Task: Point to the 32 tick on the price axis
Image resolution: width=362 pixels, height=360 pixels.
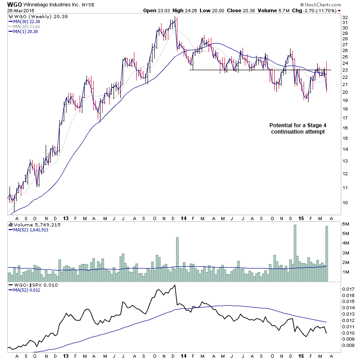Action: click(x=345, y=18)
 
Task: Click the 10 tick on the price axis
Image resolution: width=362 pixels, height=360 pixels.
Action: click(x=345, y=202)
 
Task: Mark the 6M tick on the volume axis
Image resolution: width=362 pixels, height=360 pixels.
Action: click(x=346, y=224)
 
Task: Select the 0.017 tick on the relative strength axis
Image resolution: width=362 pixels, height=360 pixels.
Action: click(x=348, y=288)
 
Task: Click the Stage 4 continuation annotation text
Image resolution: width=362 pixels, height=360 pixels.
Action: click(x=297, y=128)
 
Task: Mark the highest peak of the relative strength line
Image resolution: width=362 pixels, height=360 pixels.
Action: click(x=175, y=285)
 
